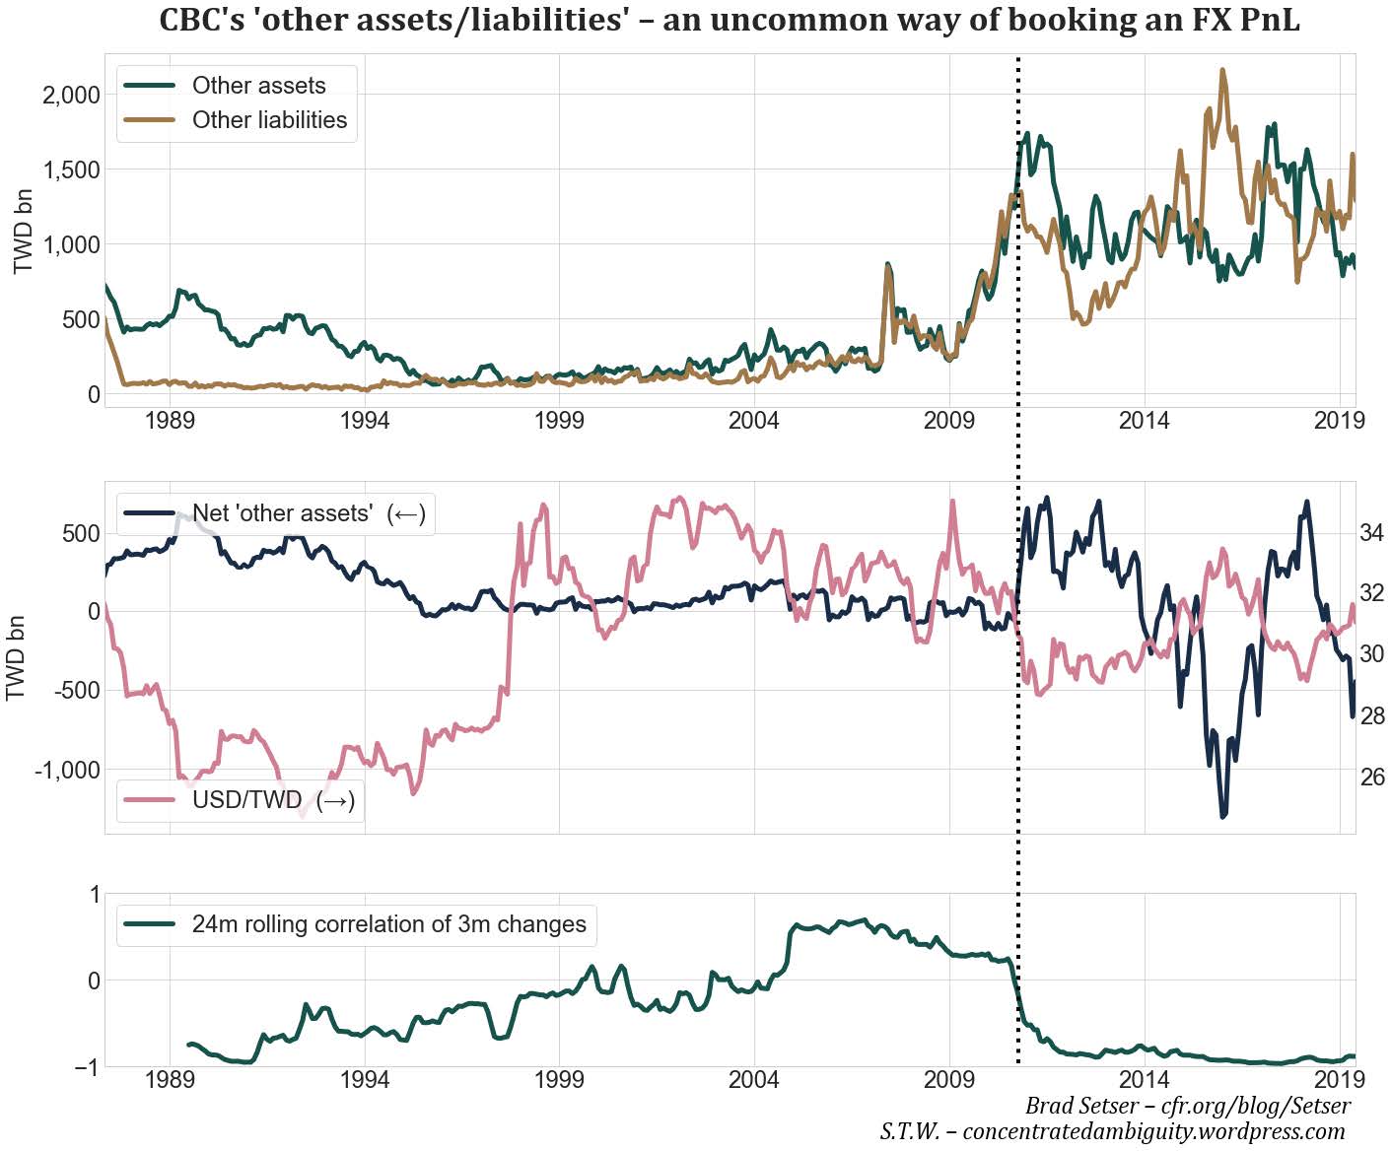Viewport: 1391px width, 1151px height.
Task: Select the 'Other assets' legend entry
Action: point(258,86)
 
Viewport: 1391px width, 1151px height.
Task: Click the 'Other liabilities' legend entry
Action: point(269,120)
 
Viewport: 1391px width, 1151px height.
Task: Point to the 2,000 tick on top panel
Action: point(72,95)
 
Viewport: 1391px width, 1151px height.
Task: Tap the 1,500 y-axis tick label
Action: point(72,169)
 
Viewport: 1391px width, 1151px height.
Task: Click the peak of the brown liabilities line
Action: point(1223,71)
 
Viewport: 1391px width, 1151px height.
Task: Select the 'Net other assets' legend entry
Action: point(308,513)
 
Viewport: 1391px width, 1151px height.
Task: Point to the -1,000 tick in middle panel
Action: point(66,770)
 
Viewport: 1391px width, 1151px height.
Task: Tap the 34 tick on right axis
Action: point(1371,533)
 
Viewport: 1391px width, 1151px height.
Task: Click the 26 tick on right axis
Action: point(1371,778)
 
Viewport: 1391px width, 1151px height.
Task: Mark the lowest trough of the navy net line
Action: point(1223,815)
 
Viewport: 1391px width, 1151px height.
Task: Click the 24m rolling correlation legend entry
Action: point(388,924)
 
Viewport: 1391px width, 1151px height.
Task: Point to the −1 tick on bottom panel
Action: point(87,1067)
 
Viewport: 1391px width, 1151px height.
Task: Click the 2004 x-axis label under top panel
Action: point(753,422)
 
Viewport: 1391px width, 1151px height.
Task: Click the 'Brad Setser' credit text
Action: point(1187,1105)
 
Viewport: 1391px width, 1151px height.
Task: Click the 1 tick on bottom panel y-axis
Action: point(95,895)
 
